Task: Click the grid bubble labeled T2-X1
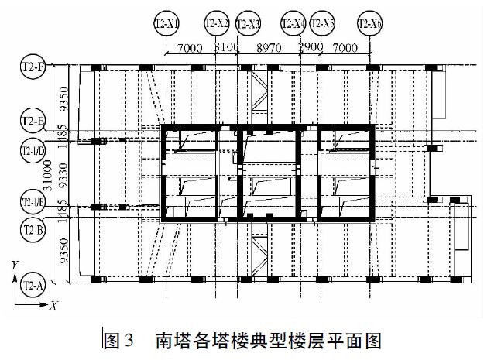point(166,25)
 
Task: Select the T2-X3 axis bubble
point(248,25)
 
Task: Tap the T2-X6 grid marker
point(370,25)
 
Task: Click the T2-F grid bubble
point(33,68)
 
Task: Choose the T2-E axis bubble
point(33,121)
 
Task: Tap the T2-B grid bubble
point(33,230)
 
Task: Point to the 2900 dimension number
point(311,48)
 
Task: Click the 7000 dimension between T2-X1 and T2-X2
point(190,48)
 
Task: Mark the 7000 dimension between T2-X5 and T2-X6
point(345,48)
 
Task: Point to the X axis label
point(53,307)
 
